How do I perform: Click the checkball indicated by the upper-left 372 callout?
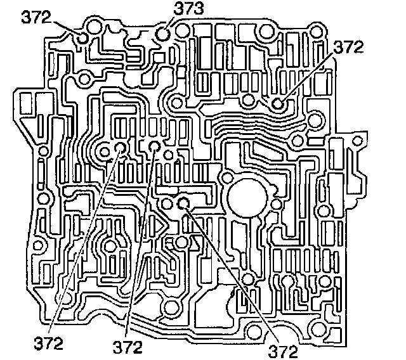83,39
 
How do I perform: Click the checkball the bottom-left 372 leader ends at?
121,149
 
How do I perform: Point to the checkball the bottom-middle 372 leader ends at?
155,147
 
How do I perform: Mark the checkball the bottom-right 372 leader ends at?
184,203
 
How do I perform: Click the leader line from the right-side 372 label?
307,75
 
